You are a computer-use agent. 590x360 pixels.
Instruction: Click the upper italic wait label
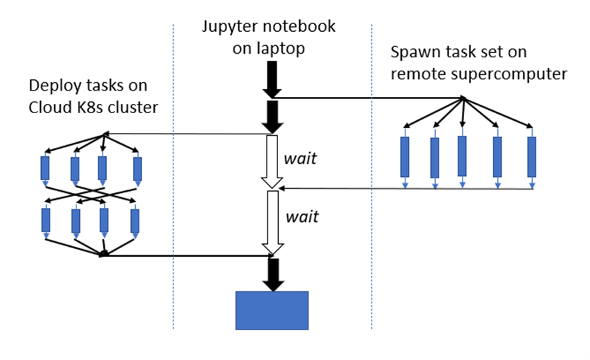[300, 158]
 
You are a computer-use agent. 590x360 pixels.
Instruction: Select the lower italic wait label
[301, 217]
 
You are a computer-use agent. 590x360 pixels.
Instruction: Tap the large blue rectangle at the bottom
[272, 310]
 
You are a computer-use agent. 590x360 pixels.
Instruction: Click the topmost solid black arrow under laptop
[272, 79]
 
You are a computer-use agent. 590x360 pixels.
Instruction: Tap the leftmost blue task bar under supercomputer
[405, 156]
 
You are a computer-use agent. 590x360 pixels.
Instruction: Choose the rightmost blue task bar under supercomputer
[531, 156]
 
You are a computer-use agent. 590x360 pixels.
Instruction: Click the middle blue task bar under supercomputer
[462, 156]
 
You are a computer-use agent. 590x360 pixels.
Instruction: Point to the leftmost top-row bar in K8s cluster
[45, 168]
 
